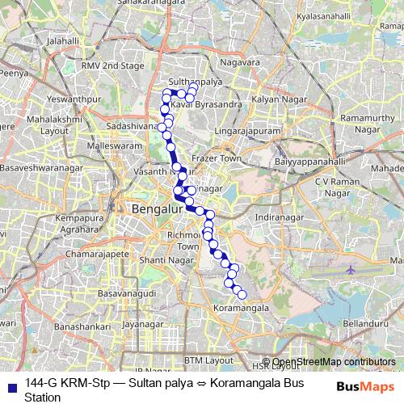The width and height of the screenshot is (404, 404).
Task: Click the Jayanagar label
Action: [138, 324]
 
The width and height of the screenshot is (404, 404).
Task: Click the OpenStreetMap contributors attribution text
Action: [333, 361]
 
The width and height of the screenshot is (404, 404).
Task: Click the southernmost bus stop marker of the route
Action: [241, 294]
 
